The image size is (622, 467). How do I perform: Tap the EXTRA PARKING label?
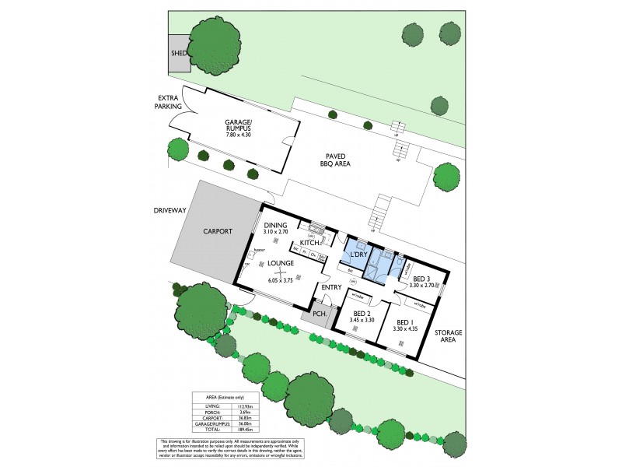click(167, 102)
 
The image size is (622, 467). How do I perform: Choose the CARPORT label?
click(218, 231)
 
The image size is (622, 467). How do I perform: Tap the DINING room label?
click(275, 226)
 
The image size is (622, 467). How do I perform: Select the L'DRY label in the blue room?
click(357, 255)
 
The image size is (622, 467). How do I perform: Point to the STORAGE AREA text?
click(449, 336)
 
